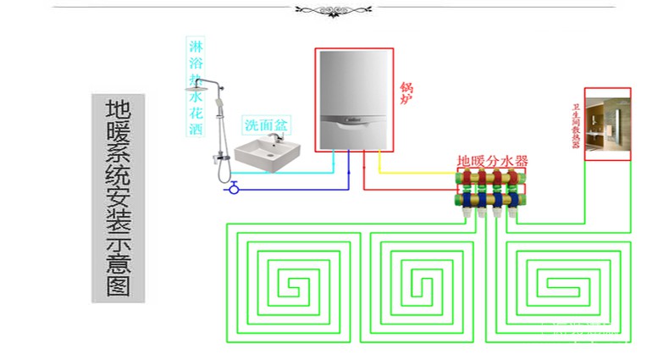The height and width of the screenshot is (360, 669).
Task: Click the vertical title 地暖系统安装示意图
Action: (x=118, y=198)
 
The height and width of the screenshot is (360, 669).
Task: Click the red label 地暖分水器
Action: (x=492, y=159)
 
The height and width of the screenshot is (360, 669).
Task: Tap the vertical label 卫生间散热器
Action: (x=576, y=125)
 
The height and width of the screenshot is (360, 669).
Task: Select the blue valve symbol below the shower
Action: (x=235, y=188)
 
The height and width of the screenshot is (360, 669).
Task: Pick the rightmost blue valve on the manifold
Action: (x=514, y=202)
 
